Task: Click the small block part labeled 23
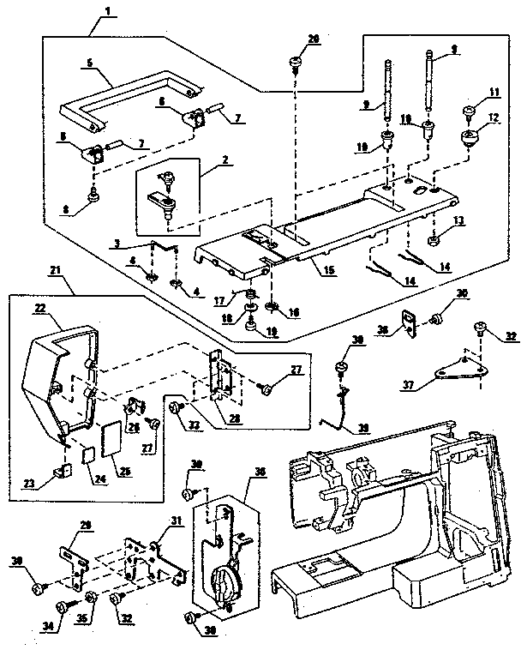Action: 61,470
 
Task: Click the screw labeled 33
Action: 176,408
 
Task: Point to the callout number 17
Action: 219,299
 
